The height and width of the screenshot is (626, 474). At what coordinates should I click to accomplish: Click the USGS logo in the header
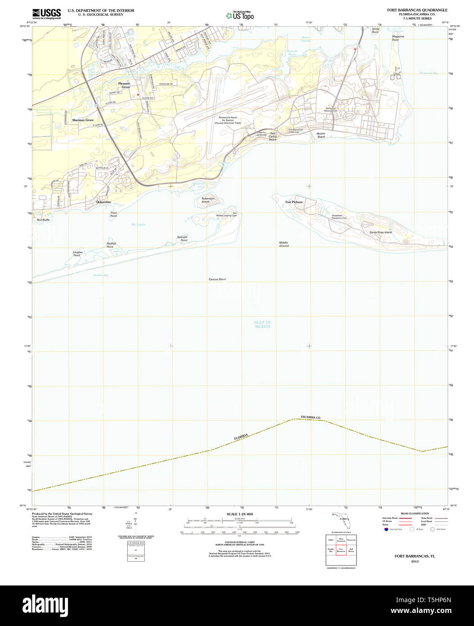(x=46, y=14)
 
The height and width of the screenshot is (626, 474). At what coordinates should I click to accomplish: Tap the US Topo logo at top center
(x=240, y=15)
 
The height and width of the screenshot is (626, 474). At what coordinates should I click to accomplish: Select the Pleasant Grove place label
(x=124, y=85)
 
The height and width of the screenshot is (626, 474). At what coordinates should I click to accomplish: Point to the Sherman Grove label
(x=83, y=120)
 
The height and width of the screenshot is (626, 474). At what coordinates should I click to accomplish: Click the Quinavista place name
(x=104, y=202)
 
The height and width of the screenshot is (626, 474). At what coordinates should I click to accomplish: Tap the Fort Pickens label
(x=294, y=202)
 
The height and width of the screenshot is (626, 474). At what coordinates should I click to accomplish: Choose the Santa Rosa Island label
(x=380, y=232)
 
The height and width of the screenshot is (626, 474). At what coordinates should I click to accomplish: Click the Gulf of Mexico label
(x=262, y=324)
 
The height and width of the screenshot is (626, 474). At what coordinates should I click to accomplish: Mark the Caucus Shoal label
(x=217, y=280)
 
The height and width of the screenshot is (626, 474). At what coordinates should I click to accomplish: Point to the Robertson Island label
(x=208, y=200)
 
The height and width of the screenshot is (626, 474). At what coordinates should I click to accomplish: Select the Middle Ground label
(x=284, y=244)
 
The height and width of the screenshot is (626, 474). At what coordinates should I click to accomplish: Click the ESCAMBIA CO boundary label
(x=311, y=417)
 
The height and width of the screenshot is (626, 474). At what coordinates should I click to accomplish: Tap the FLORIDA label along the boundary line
(x=241, y=437)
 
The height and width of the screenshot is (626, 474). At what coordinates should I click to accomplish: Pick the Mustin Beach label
(x=321, y=135)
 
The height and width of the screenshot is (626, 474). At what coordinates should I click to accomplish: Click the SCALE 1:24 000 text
(x=239, y=514)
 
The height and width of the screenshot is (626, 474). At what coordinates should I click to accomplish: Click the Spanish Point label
(x=182, y=239)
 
